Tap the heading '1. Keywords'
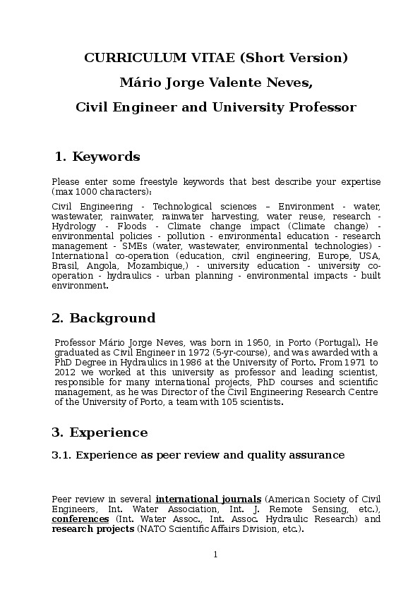point(97,157)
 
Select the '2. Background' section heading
point(103,319)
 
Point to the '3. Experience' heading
point(100,432)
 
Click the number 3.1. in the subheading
point(61,455)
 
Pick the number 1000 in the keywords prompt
point(83,192)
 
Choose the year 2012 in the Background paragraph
point(65,372)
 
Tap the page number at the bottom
point(215,554)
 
